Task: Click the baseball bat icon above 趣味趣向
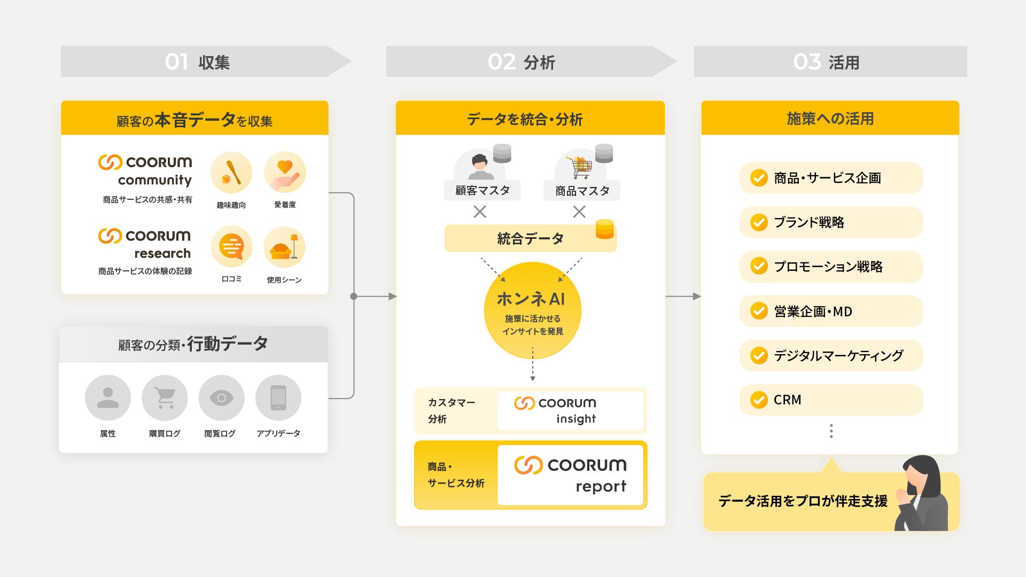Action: click(x=231, y=173)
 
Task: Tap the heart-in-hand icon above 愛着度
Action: click(x=285, y=173)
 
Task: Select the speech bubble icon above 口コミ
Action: click(x=231, y=246)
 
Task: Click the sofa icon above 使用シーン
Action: click(x=284, y=247)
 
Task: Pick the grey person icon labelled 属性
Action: click(x=108, y=398)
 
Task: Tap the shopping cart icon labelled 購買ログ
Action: click(x=165, y=398)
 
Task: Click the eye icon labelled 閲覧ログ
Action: click(x=221, y=398)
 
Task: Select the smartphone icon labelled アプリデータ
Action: click(x=278, y=398)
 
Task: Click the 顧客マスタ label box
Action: click(x=482, y=191)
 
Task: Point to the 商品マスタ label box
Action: click(x=582, y=191)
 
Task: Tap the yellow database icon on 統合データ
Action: click(x=604, y=229)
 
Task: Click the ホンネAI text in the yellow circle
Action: click(x=531, y=299)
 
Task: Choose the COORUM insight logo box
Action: click(x=570, y=410)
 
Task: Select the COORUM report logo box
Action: click(x=570, y=475)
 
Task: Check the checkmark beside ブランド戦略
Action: click(x=759, y=222)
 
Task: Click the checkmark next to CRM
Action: click(x=759, y=400)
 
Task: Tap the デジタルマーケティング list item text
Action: click(x=838, y=355)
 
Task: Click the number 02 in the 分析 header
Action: click(x=501, y=62)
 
